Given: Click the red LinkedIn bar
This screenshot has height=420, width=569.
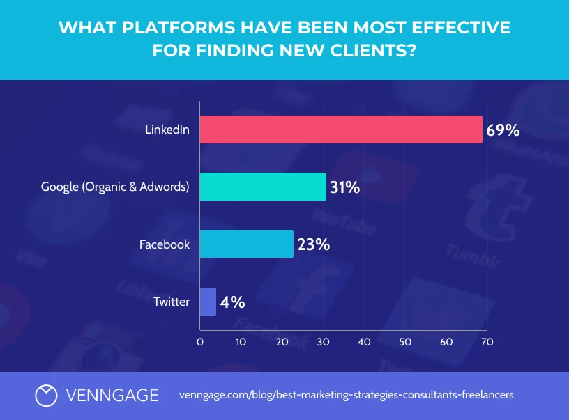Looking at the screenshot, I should (x=341, y=130).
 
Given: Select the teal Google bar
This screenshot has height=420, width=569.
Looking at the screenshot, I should (x=263, y=187).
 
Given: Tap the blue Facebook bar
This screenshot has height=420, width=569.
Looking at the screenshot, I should (x=246, y=244).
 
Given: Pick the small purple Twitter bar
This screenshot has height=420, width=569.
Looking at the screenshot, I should (x=208, y=302).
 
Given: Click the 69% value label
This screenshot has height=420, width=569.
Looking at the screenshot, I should (x=503, y=130).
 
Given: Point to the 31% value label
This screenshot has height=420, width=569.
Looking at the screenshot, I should (x=344, y=187).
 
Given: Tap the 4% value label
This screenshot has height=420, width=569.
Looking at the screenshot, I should (x=232, y=302).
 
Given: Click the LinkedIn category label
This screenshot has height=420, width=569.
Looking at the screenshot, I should (x=167, y=130).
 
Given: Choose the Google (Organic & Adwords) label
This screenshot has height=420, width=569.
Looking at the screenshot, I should (x=115, y=187).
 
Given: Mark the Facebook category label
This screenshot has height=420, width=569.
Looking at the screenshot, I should (x=164, y=244).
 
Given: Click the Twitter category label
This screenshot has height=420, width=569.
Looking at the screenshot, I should (x=172, y=302).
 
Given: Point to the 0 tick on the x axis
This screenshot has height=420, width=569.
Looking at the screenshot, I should (x=200, y=342).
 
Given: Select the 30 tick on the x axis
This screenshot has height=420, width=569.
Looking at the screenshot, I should (x=323, y=342).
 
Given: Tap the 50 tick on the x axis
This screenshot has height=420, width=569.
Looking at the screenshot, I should (x=405, y=342).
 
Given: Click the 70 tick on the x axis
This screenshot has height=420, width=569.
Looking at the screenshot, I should (x=487, y=342).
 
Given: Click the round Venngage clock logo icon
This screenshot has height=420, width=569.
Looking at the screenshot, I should (x=46, y=395).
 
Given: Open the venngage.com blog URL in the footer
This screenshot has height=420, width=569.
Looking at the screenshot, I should (x=346, y=395).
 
